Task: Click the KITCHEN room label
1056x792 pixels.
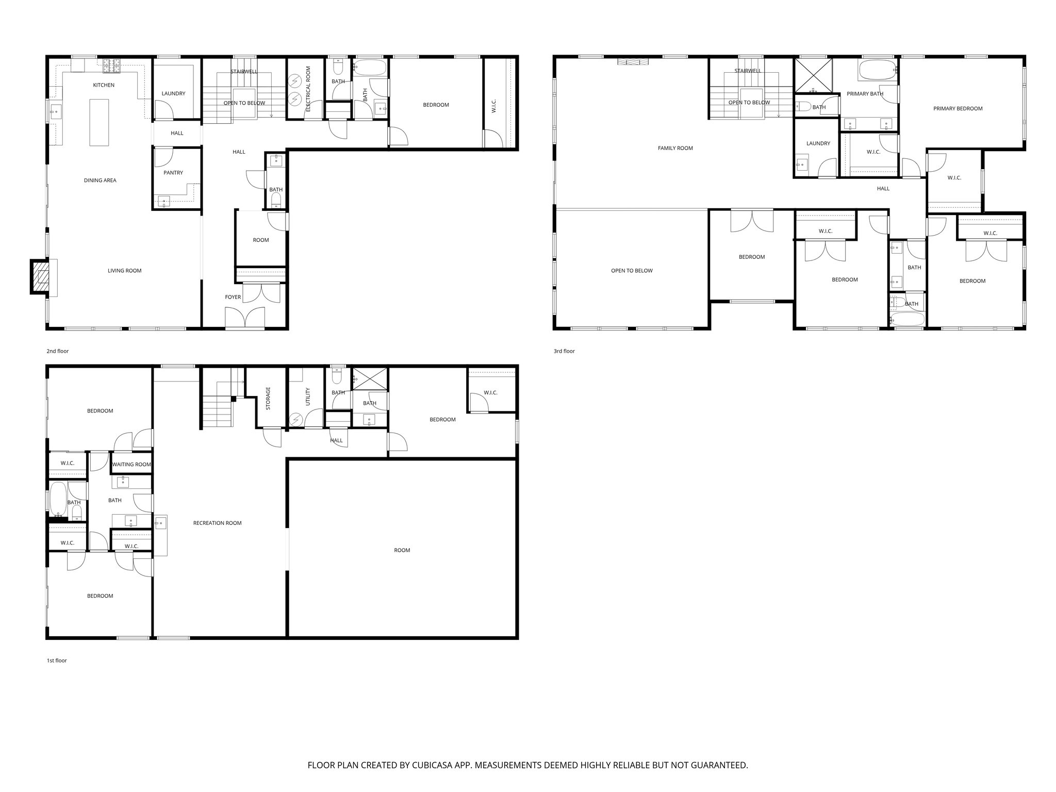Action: click(x=104, y=85)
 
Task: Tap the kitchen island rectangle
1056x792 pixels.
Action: click(x=100, y=123)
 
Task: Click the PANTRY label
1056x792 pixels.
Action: click(x=173, y=173)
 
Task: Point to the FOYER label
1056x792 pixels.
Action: click(x=233, y=297)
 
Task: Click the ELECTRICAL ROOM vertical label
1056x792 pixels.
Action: click(x=308, y=89)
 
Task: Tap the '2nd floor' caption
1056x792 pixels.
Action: click(x=57, y=351)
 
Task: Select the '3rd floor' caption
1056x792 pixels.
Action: click(x=564, y=351)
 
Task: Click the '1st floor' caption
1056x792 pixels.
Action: click(x=57, y=661)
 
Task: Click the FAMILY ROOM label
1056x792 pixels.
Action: click(x=675, y=148)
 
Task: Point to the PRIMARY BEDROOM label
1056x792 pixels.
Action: click(x=958, y=109)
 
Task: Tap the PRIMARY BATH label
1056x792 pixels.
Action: click(x=865, y=94)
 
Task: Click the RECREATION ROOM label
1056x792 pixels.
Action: click(x=217, y=523)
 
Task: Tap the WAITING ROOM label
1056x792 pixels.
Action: click(x=131, y=464)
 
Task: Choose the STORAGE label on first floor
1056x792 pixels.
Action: click(x=268, y=399)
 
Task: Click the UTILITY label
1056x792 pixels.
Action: click(x=308, y=397)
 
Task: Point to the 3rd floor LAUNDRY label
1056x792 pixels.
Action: click(x=818, y=143)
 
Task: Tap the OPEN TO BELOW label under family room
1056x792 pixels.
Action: click(x=632, y=271)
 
